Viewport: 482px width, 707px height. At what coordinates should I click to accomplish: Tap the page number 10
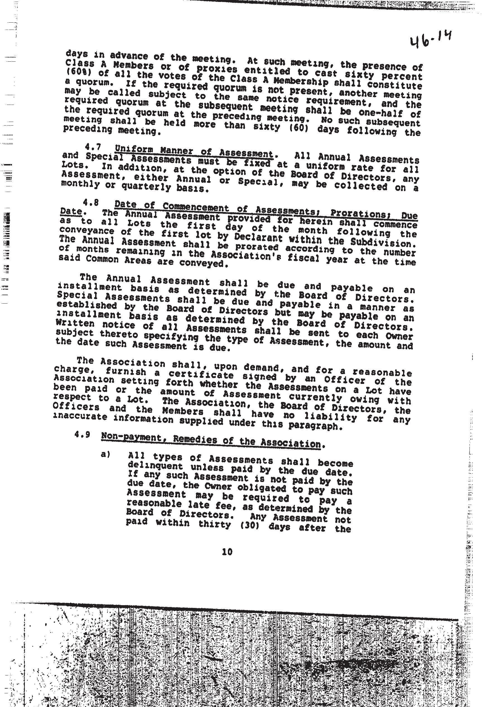tap(227, 552)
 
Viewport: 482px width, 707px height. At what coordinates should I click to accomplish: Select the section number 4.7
tap(93, 147)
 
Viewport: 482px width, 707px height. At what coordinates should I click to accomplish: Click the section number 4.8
tap(91, 202)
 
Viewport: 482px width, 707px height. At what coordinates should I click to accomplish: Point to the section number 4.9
tap(82, 434)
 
